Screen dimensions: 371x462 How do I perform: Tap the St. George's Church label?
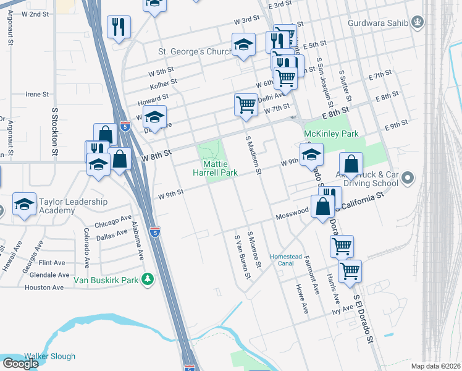tap(195, 51)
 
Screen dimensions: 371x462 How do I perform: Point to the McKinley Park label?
tap(331, 134)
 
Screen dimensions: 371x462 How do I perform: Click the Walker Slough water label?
tap(49, 356)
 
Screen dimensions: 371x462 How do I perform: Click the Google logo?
tap(20, 363)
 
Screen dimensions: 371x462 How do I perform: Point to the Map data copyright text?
tap(435, 366)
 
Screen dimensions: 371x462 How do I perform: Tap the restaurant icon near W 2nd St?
tap(117, 27)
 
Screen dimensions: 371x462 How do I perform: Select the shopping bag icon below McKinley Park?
tap(351, 164)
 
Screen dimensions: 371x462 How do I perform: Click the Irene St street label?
tap(37, 95)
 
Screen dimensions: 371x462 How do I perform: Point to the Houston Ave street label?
tap(44, 288)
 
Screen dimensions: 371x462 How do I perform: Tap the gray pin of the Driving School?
tap(407, 179)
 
